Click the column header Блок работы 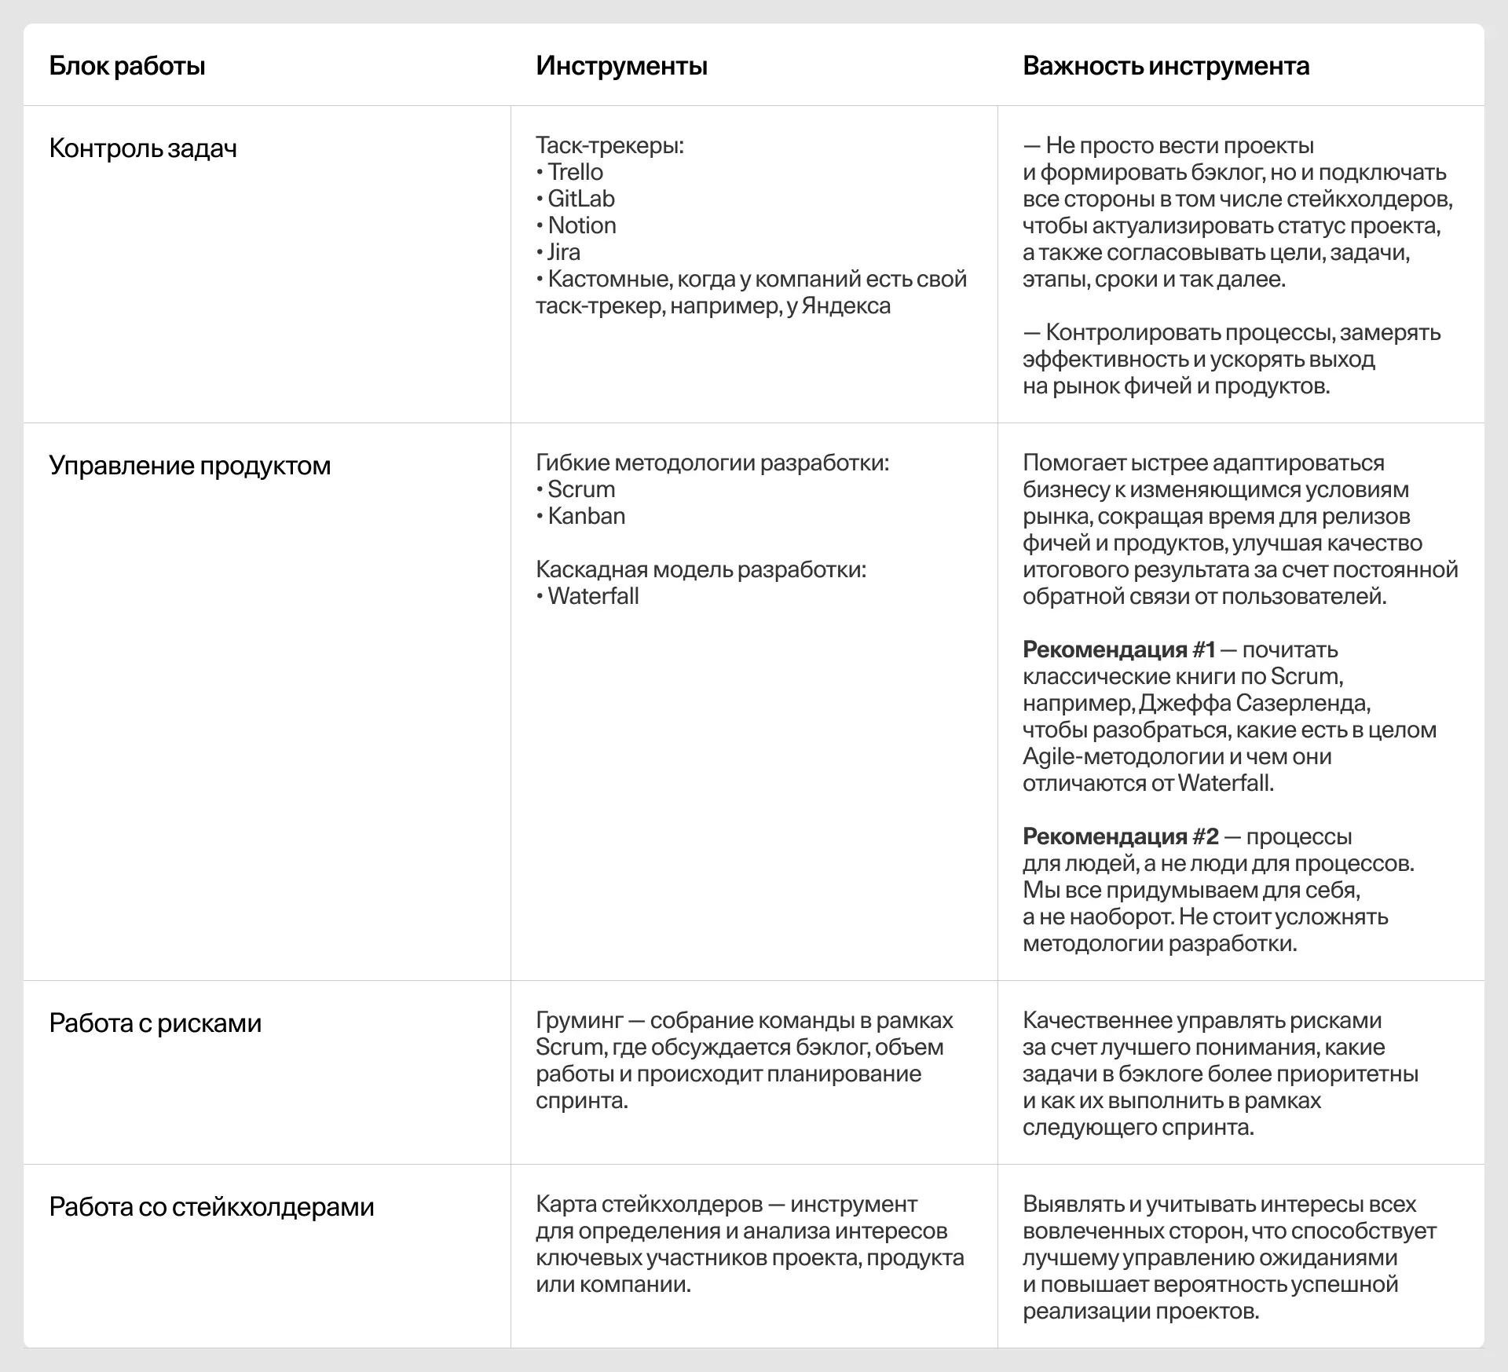[127, 66]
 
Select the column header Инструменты [621, 66]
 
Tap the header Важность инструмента [1166, 66]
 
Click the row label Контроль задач [143, 148]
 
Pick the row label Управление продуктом [189, 466]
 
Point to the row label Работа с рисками [155, 1023]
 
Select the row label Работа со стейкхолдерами [211, 1207]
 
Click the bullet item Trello [575, 172]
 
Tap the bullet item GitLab [580, 199]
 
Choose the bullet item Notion [581, 225]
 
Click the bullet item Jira [563, 252]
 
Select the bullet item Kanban [586, 516]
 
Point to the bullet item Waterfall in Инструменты [593, 596]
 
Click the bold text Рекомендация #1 [1118, 650]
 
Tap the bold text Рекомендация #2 [1120, 837]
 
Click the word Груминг [579, 1021]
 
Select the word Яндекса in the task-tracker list [845, 306]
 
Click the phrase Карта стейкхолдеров [649, 1205]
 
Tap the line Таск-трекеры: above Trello [609, 145]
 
